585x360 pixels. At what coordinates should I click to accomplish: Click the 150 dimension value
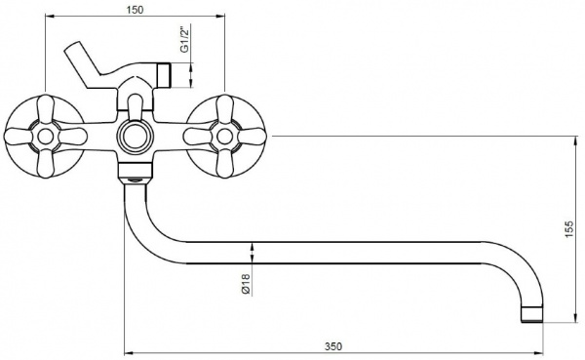[x=135, y=10]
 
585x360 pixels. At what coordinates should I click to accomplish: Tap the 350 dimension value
[x=332, y=346]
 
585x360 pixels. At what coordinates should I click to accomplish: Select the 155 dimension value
[x=568, y=229]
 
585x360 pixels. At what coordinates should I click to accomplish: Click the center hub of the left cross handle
[x=46, y=137]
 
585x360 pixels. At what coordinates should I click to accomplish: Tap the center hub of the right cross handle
[x=224, y=137]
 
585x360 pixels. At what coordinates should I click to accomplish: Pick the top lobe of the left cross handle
[x=46, y=108]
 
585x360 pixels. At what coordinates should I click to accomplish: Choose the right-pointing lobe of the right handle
[x=253, y=137]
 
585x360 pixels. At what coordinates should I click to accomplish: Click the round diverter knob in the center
[x=136, y=136]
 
